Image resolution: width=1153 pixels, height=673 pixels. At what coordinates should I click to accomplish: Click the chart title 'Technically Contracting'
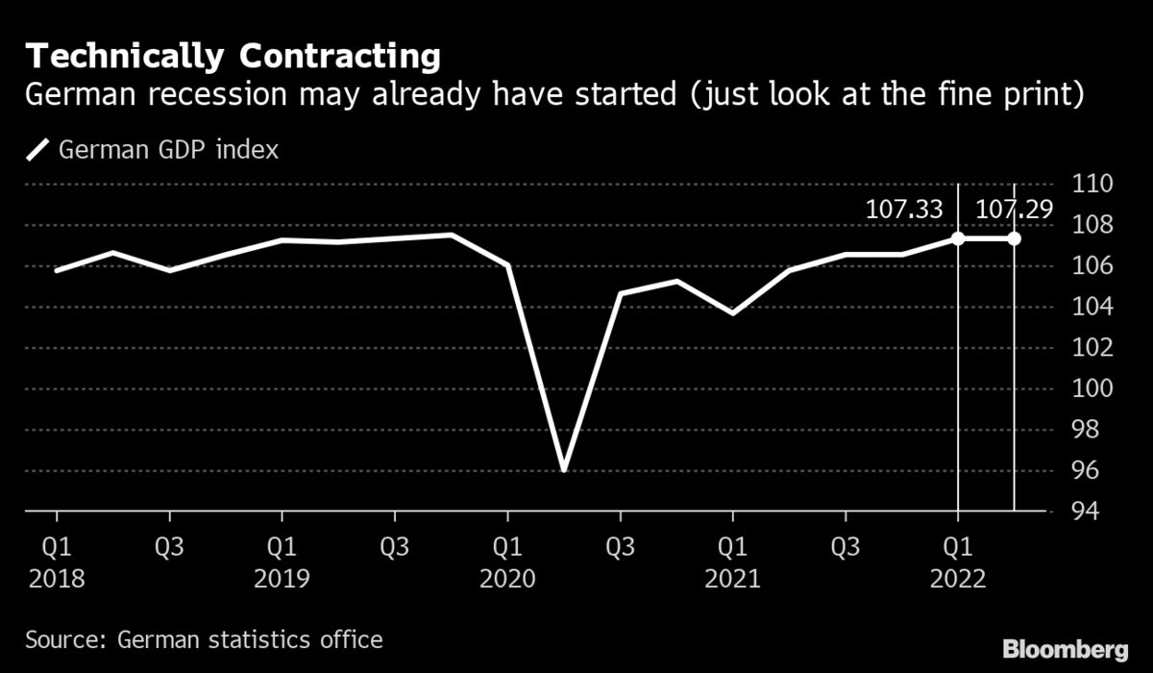click(233, 57)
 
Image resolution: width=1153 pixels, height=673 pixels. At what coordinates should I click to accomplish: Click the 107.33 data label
click(904, 210)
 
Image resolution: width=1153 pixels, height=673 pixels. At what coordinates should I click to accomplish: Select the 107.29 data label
click(1014, 210)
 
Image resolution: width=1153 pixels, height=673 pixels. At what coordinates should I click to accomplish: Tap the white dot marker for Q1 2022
click(958, 238)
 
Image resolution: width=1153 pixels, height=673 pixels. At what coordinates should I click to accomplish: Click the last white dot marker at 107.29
click(1015, 238)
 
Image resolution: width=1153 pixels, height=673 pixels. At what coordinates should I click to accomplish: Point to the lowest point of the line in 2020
click(564, 469)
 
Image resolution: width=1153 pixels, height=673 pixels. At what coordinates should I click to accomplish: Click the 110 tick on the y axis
click(1093, 185)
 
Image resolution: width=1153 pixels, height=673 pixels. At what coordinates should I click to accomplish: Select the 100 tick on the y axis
click(1093, 389)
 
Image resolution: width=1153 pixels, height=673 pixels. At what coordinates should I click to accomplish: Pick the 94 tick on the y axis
click(1093, 511)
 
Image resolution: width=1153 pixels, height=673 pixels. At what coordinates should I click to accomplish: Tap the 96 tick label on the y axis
click(1093, 471)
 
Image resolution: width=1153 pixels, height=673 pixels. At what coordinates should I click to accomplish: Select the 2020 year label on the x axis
click(507, 580)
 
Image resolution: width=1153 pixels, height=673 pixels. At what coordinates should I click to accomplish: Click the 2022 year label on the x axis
click(958, 580)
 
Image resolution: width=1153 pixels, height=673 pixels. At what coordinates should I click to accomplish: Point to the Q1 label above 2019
click(282, 547)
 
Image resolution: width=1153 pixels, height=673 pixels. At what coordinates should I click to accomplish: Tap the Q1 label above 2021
click(733, 547)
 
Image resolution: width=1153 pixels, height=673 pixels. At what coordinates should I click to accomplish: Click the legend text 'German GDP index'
click(169, 150)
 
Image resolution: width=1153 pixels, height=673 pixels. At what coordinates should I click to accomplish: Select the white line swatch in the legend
click(38, 150)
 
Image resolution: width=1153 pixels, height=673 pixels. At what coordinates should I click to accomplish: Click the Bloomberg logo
click(1066, 646)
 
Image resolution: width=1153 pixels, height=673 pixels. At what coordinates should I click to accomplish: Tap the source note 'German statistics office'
click(250, 639)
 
